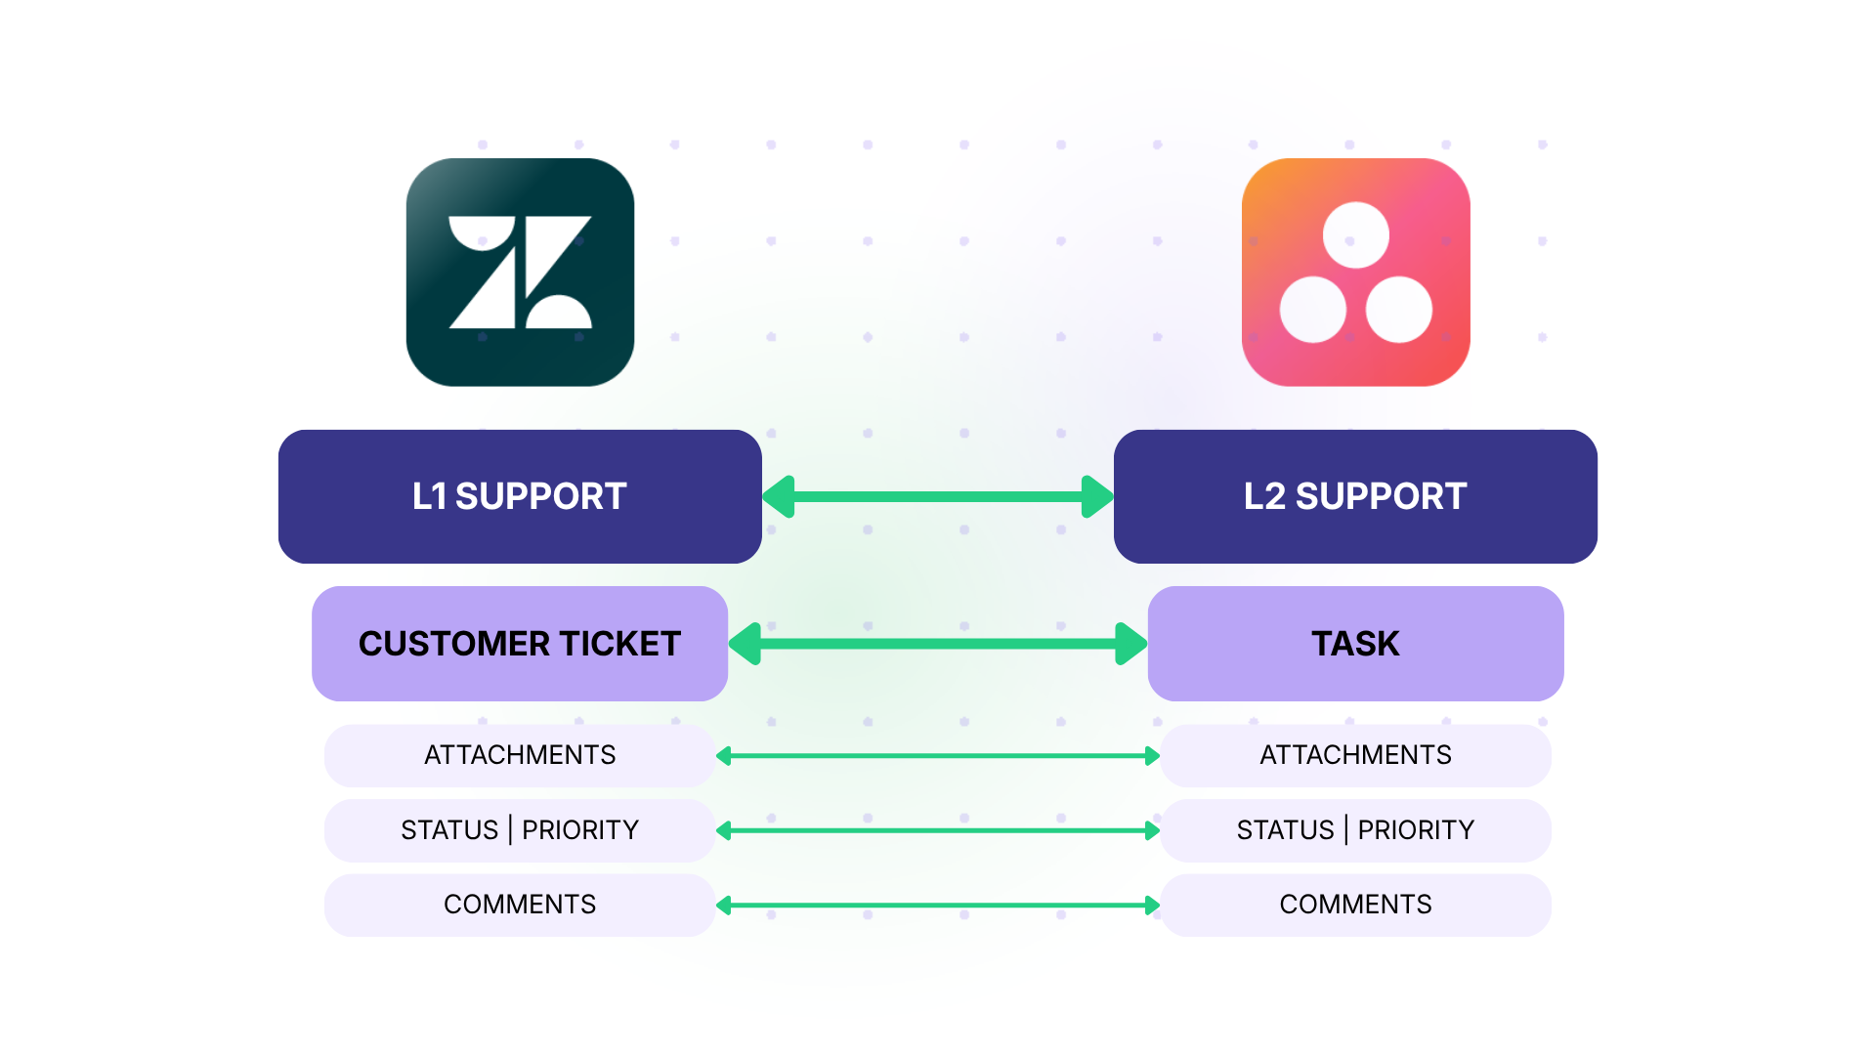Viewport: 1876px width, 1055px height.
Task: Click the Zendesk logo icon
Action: [520, 273]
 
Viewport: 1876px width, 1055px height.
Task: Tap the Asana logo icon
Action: [1355, 273]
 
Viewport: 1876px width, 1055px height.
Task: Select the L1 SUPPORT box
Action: [520, 496]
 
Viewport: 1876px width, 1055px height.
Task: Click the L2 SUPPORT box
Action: [1355, 496]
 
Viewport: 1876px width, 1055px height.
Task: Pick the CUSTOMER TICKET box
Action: [520, 644]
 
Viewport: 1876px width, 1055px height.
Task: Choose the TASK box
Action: [1355, 644]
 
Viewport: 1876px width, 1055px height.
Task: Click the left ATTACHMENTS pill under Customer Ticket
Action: [520, 755]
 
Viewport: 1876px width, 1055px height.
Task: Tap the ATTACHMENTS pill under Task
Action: [1355, 755]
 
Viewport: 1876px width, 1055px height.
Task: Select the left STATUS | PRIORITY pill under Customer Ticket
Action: [520, 830]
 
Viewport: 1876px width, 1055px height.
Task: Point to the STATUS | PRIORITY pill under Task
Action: [1355, 830]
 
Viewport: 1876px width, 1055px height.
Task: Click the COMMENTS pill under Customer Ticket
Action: [520, 905]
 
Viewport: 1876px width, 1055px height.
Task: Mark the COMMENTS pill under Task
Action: [1355, 905]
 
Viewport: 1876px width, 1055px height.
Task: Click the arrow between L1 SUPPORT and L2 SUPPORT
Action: [938, 496]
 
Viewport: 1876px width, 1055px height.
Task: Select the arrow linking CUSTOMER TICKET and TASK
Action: [938, 644]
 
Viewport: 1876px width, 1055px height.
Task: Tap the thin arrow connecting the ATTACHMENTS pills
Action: [938, 756]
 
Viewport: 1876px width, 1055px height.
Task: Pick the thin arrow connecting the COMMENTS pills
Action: [938, 906]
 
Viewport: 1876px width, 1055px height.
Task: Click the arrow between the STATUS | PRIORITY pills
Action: [938, 830]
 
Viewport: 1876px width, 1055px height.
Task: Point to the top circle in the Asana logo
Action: [1355, 235]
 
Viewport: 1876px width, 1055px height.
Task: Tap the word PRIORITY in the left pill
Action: [580, 830]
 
